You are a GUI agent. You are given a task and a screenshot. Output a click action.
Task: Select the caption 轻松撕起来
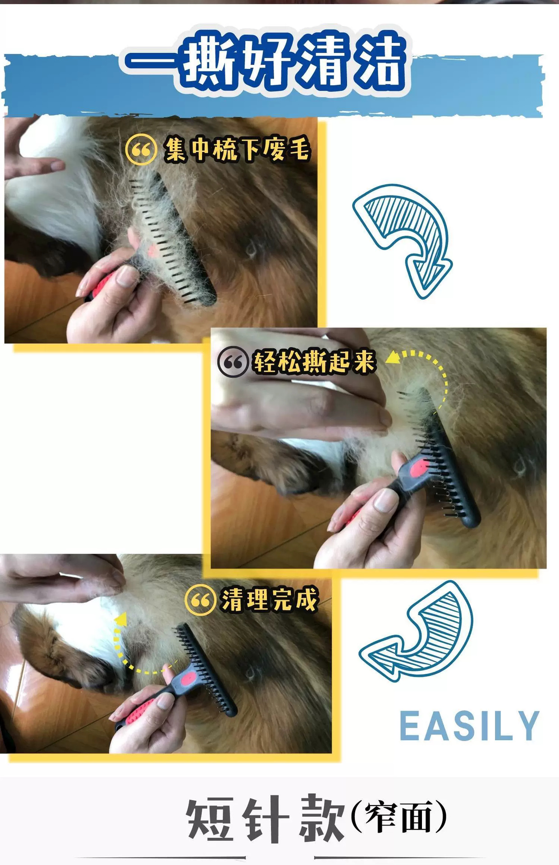314,361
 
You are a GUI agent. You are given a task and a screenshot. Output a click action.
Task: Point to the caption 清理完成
269,600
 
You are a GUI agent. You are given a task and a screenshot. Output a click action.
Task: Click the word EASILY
469,726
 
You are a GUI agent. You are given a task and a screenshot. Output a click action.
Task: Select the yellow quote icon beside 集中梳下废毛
141,150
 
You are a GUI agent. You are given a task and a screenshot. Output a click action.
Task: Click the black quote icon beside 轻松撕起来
233,361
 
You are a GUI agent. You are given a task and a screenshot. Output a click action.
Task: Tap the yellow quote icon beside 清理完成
200,600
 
